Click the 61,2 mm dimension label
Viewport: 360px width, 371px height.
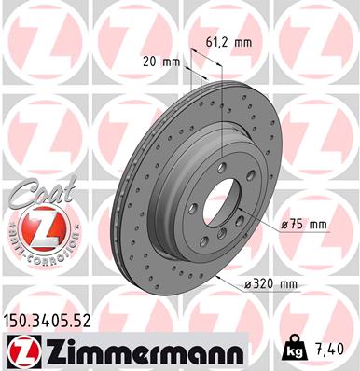[228, 42]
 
